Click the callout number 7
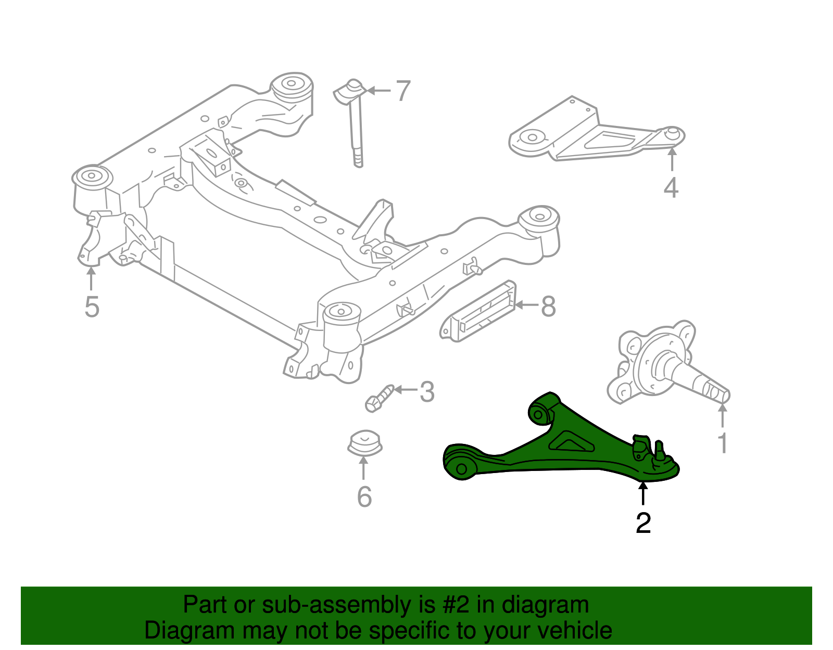click(x=403, y=91)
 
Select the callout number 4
click(x=671, y=187)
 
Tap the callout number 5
click(x=92, y=307)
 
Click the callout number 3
click(x=427, y=392)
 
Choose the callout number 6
click(x=364, y=496)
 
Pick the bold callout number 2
click(x=643, y=522)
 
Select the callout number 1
click(x=723, y=443)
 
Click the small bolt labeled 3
click(x=379, y=399)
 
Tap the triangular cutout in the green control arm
click(x=571, y=443)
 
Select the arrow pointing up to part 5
click(x=91, y=278)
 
